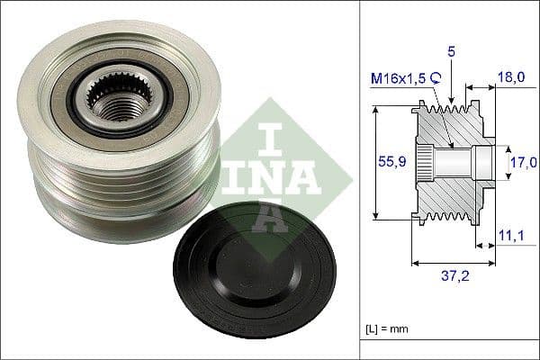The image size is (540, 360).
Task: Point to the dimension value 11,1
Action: point(512,236)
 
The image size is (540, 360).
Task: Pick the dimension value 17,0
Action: point(522,162)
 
